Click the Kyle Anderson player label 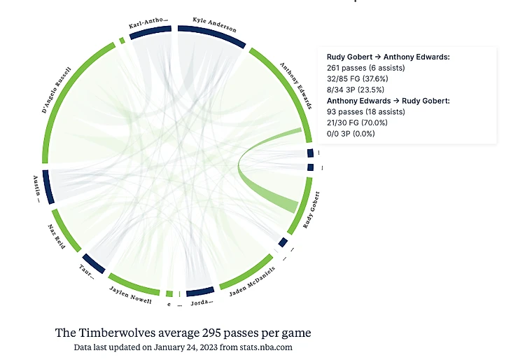click(x=215, y=25)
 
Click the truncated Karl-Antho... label click(x=148, y=25)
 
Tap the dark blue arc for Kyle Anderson click(x=211, y=36)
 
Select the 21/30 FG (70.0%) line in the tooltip click(x=357, y=123)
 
